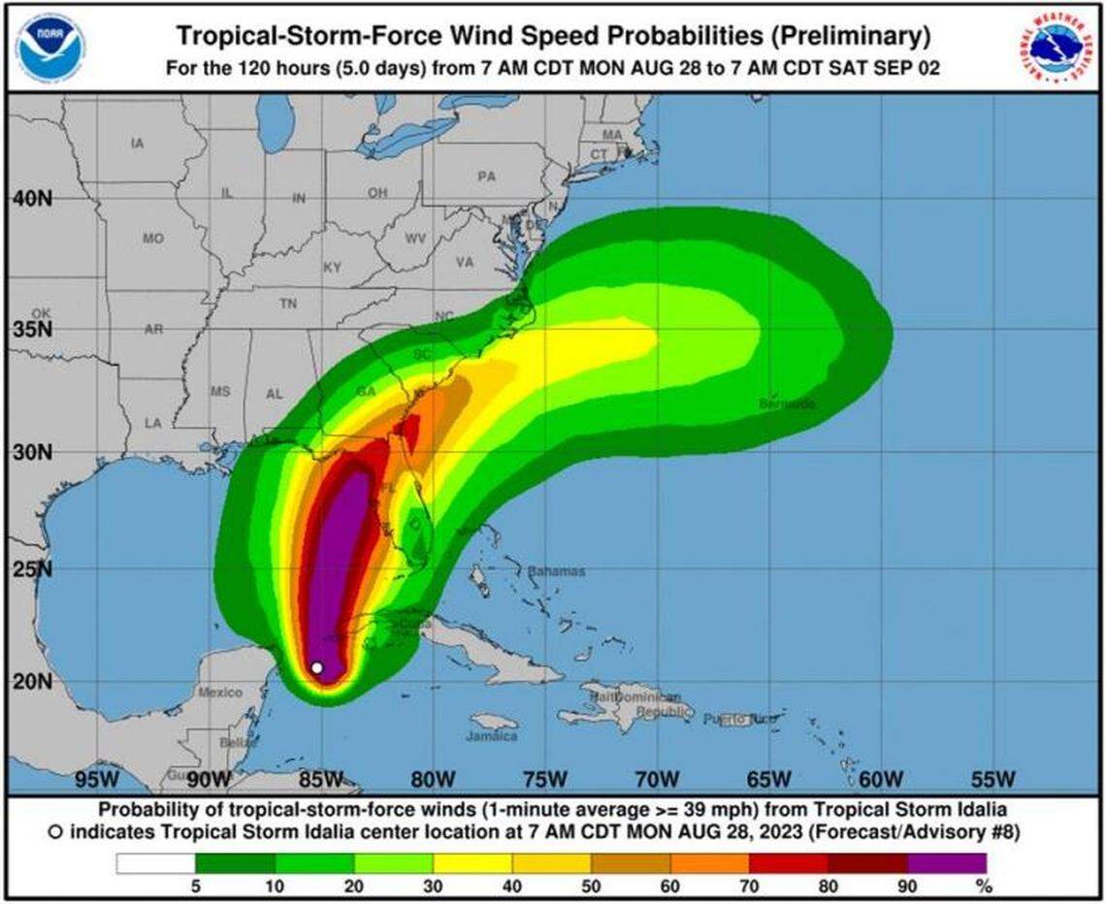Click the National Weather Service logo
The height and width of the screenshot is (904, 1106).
coord(1056,48)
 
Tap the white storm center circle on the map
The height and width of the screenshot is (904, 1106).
coord(317,667)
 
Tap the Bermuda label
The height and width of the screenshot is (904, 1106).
coord(787,403)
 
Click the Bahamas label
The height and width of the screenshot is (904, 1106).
coord(556,571)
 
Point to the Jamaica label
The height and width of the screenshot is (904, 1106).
coord(492,736)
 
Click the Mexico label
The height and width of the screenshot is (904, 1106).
coord(220,693)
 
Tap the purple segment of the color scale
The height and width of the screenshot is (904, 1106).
coord(947,862)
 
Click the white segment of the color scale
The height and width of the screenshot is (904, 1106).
coord(155,862)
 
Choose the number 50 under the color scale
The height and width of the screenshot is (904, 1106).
coord(591,885)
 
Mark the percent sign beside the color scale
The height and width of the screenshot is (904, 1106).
coord(986,885)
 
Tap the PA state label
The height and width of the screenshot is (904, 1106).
coord(486,177)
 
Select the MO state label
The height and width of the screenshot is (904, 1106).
coord(152,238)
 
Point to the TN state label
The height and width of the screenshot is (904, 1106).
coord(288,304)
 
